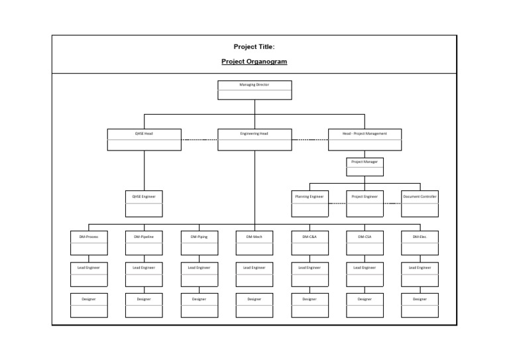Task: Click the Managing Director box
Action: [x=254, y=90]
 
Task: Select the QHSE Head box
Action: [x=144, y=139]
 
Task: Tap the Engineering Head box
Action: [x=254, y=139]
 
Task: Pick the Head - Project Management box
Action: [x=365, y=139]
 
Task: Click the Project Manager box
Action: [x=365, y=166]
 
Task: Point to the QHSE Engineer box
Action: [x=144, y=204]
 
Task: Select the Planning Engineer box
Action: [x=310, y=204]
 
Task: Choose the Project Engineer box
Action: [x=365, y=204]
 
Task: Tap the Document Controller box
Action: [x=420, y=204]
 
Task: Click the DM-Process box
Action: [x=89, y=243]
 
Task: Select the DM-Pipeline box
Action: [x=144, y=243]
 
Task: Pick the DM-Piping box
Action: [x=199, y=243]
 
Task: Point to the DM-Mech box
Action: [x=254, y=243]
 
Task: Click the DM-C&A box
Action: [x=310, y=243]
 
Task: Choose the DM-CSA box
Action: [x=365, y=243]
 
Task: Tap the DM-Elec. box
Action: [x=420, y=243]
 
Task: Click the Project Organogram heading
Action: [x=254, y=62]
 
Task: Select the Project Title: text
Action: [x=254, y=46]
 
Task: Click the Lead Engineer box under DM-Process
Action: [x=89, y=274]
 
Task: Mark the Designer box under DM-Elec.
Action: [x=420, y=305]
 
